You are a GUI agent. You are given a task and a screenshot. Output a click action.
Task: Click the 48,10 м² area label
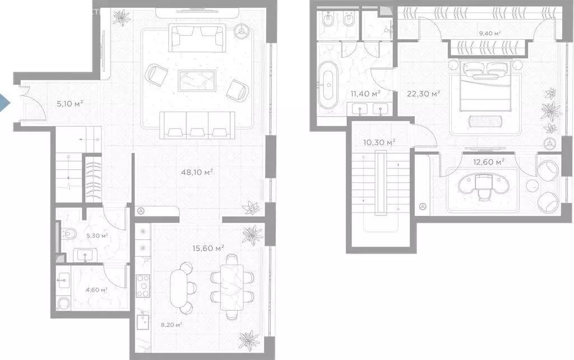tap(197, 172)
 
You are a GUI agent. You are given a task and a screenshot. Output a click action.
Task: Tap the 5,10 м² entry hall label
tap(70, 104)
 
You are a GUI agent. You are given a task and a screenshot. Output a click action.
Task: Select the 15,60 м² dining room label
tap(209, 248)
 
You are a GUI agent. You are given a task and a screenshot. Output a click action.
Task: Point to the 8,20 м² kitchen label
tap(172, 325)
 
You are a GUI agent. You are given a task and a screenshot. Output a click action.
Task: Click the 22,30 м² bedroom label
tap(424, 94)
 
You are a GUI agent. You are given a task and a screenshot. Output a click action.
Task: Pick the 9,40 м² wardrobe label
tap(490, 34)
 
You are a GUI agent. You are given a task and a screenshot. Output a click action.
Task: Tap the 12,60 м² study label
tap(489, 161)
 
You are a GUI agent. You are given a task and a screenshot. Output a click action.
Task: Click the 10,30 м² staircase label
tap(379, 142)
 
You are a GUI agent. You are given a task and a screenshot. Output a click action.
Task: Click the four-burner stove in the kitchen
tap(143, 286)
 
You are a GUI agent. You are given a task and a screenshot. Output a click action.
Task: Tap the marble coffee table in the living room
tap(197, 80)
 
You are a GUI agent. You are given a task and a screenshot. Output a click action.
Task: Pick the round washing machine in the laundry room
tap(64, 303)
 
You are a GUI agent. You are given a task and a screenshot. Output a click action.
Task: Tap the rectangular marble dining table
tap(232, 287)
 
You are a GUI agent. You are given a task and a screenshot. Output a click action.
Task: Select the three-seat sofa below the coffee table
tap(197, 125)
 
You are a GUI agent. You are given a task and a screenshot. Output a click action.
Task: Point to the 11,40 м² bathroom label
tap(365, 94)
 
